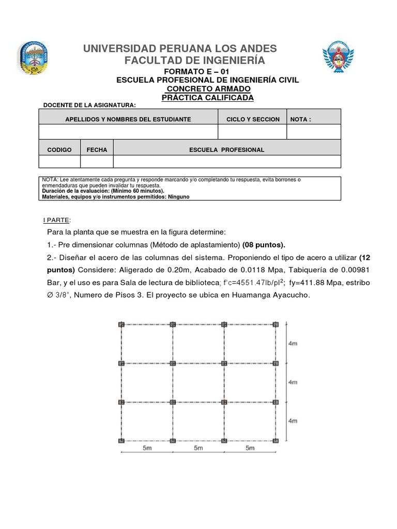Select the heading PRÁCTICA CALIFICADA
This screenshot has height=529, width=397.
pyautogui.click(x=207, y=98)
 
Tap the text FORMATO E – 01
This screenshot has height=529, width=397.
pyautogui.click(x=195, y=71)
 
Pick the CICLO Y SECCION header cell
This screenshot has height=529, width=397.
pyautogui.click(x=253, y=119)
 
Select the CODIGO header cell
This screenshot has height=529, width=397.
pyautogui.click(x=59, y=150)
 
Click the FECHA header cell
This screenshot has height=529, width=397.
pyautogui.click(x=97, y=150)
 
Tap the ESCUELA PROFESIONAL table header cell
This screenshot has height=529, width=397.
pyautogui.click(x=226, y=150)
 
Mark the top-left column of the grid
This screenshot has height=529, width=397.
pyautogui.click(x=121, y=324)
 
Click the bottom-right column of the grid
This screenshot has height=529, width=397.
pyautogui.click(x=276, y=440)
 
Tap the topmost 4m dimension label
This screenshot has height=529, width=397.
pyautogui.click(x=293, y=344)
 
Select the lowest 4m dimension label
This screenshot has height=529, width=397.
pyautogui.click(x=293, y=421)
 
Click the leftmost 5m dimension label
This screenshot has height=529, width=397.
pyautogui.click(x=147, y=448)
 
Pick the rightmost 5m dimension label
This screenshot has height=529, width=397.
pyautogui.click(x=250, y=448)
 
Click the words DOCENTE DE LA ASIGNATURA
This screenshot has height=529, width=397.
pyautogui.click(x=89, y=105)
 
